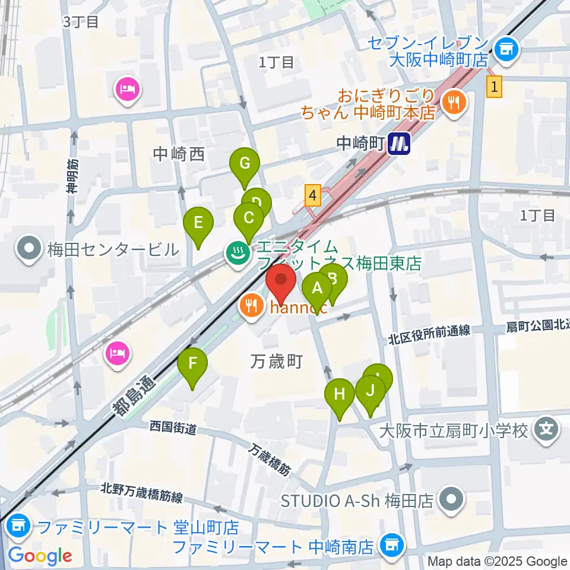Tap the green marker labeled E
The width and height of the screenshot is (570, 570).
[198, 223]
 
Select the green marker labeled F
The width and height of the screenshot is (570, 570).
[192, 363]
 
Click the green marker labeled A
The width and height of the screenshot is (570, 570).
[318, 289]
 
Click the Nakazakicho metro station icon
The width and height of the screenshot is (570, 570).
[399, 143]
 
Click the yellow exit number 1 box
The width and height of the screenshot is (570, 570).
[495, 87]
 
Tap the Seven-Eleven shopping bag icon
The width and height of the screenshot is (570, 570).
[506, 49]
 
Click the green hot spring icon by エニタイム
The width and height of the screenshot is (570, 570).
[237, 254]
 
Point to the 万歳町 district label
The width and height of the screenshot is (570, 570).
[277, 361]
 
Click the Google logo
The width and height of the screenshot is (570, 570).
[40, 556]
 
